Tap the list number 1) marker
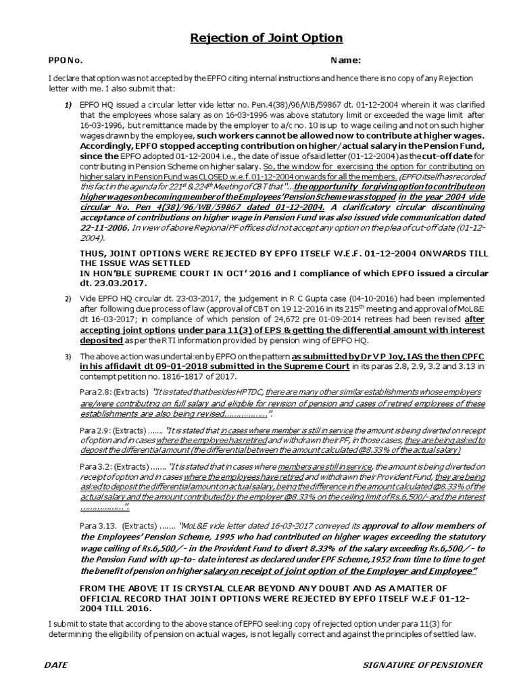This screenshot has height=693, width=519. (x=68, y=106)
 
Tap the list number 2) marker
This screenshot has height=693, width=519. (x=68, y=298)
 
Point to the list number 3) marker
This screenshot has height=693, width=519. (x=68, y=356)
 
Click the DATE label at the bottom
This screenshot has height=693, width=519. (x=56, y=665)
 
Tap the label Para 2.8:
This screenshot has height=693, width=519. (x=95, y=392)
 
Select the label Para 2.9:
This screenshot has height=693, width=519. (x=95, y=430)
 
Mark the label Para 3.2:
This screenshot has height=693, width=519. (x=95, y=466)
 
